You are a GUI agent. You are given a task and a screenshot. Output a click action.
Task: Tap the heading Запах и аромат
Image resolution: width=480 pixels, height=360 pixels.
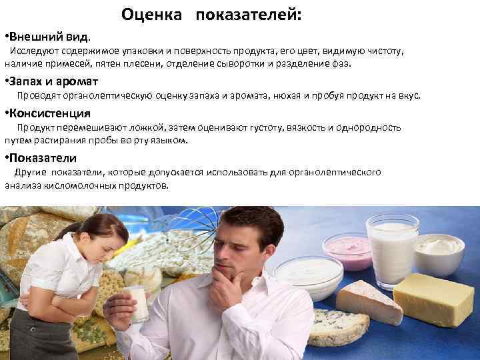pos(53,81)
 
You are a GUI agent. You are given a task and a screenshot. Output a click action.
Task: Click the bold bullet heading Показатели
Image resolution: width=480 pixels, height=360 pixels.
pos(43,158)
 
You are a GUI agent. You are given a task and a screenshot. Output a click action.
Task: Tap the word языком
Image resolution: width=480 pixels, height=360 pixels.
pos(172,141)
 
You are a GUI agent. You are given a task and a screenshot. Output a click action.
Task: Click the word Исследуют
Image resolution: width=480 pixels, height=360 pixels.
pos(31,51)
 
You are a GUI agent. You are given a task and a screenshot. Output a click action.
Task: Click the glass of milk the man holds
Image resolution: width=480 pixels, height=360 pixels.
pos(138,303)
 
